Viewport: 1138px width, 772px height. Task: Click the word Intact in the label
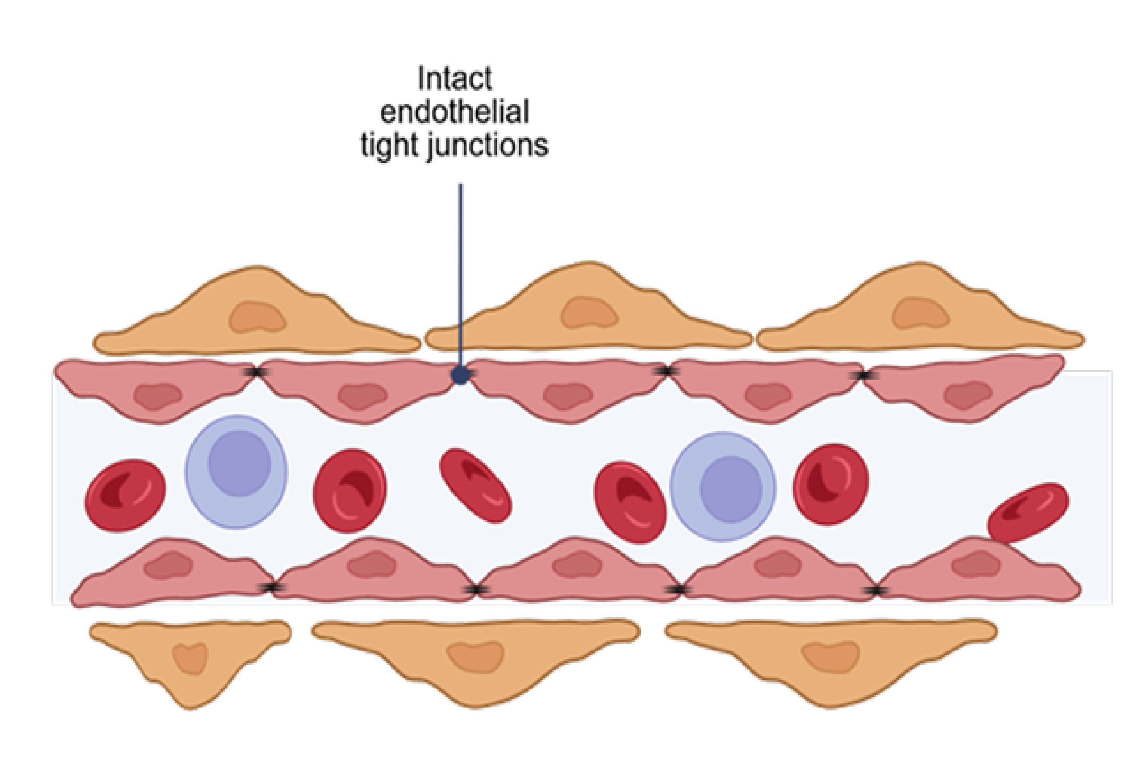[455, 78]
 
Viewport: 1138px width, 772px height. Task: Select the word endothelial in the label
[455, 112]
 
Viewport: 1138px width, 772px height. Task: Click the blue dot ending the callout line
[460, 375]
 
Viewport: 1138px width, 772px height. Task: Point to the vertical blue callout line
[460, 269]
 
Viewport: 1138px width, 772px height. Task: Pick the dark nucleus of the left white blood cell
[239, 463]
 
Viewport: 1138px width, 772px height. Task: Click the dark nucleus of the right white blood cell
[731, 489]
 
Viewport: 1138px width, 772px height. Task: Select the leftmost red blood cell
[125, 495]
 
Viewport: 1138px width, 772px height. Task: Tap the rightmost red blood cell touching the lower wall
[1028, 513]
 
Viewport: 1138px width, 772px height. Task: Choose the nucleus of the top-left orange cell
[257, 317]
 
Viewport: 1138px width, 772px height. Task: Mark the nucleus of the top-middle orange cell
[589, 312]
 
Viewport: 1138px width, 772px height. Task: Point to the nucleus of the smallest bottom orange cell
[190, 659]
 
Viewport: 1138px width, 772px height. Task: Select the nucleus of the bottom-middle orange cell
[475, 657]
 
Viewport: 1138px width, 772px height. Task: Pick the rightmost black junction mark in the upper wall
[864, 375]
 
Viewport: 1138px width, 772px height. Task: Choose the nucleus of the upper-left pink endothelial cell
[158, 396]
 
